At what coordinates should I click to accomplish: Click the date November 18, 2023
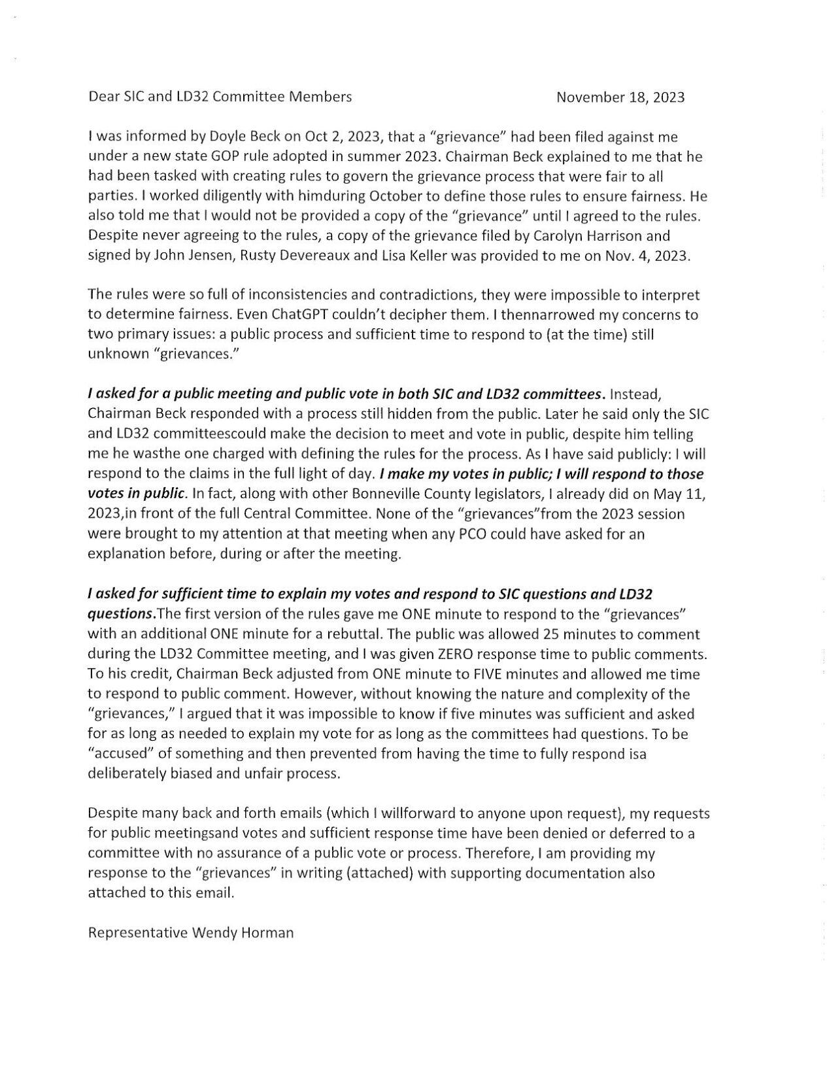[620, 97]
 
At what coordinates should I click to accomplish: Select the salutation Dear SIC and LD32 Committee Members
[220, 97]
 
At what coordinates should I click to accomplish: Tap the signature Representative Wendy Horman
[190, 932]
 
